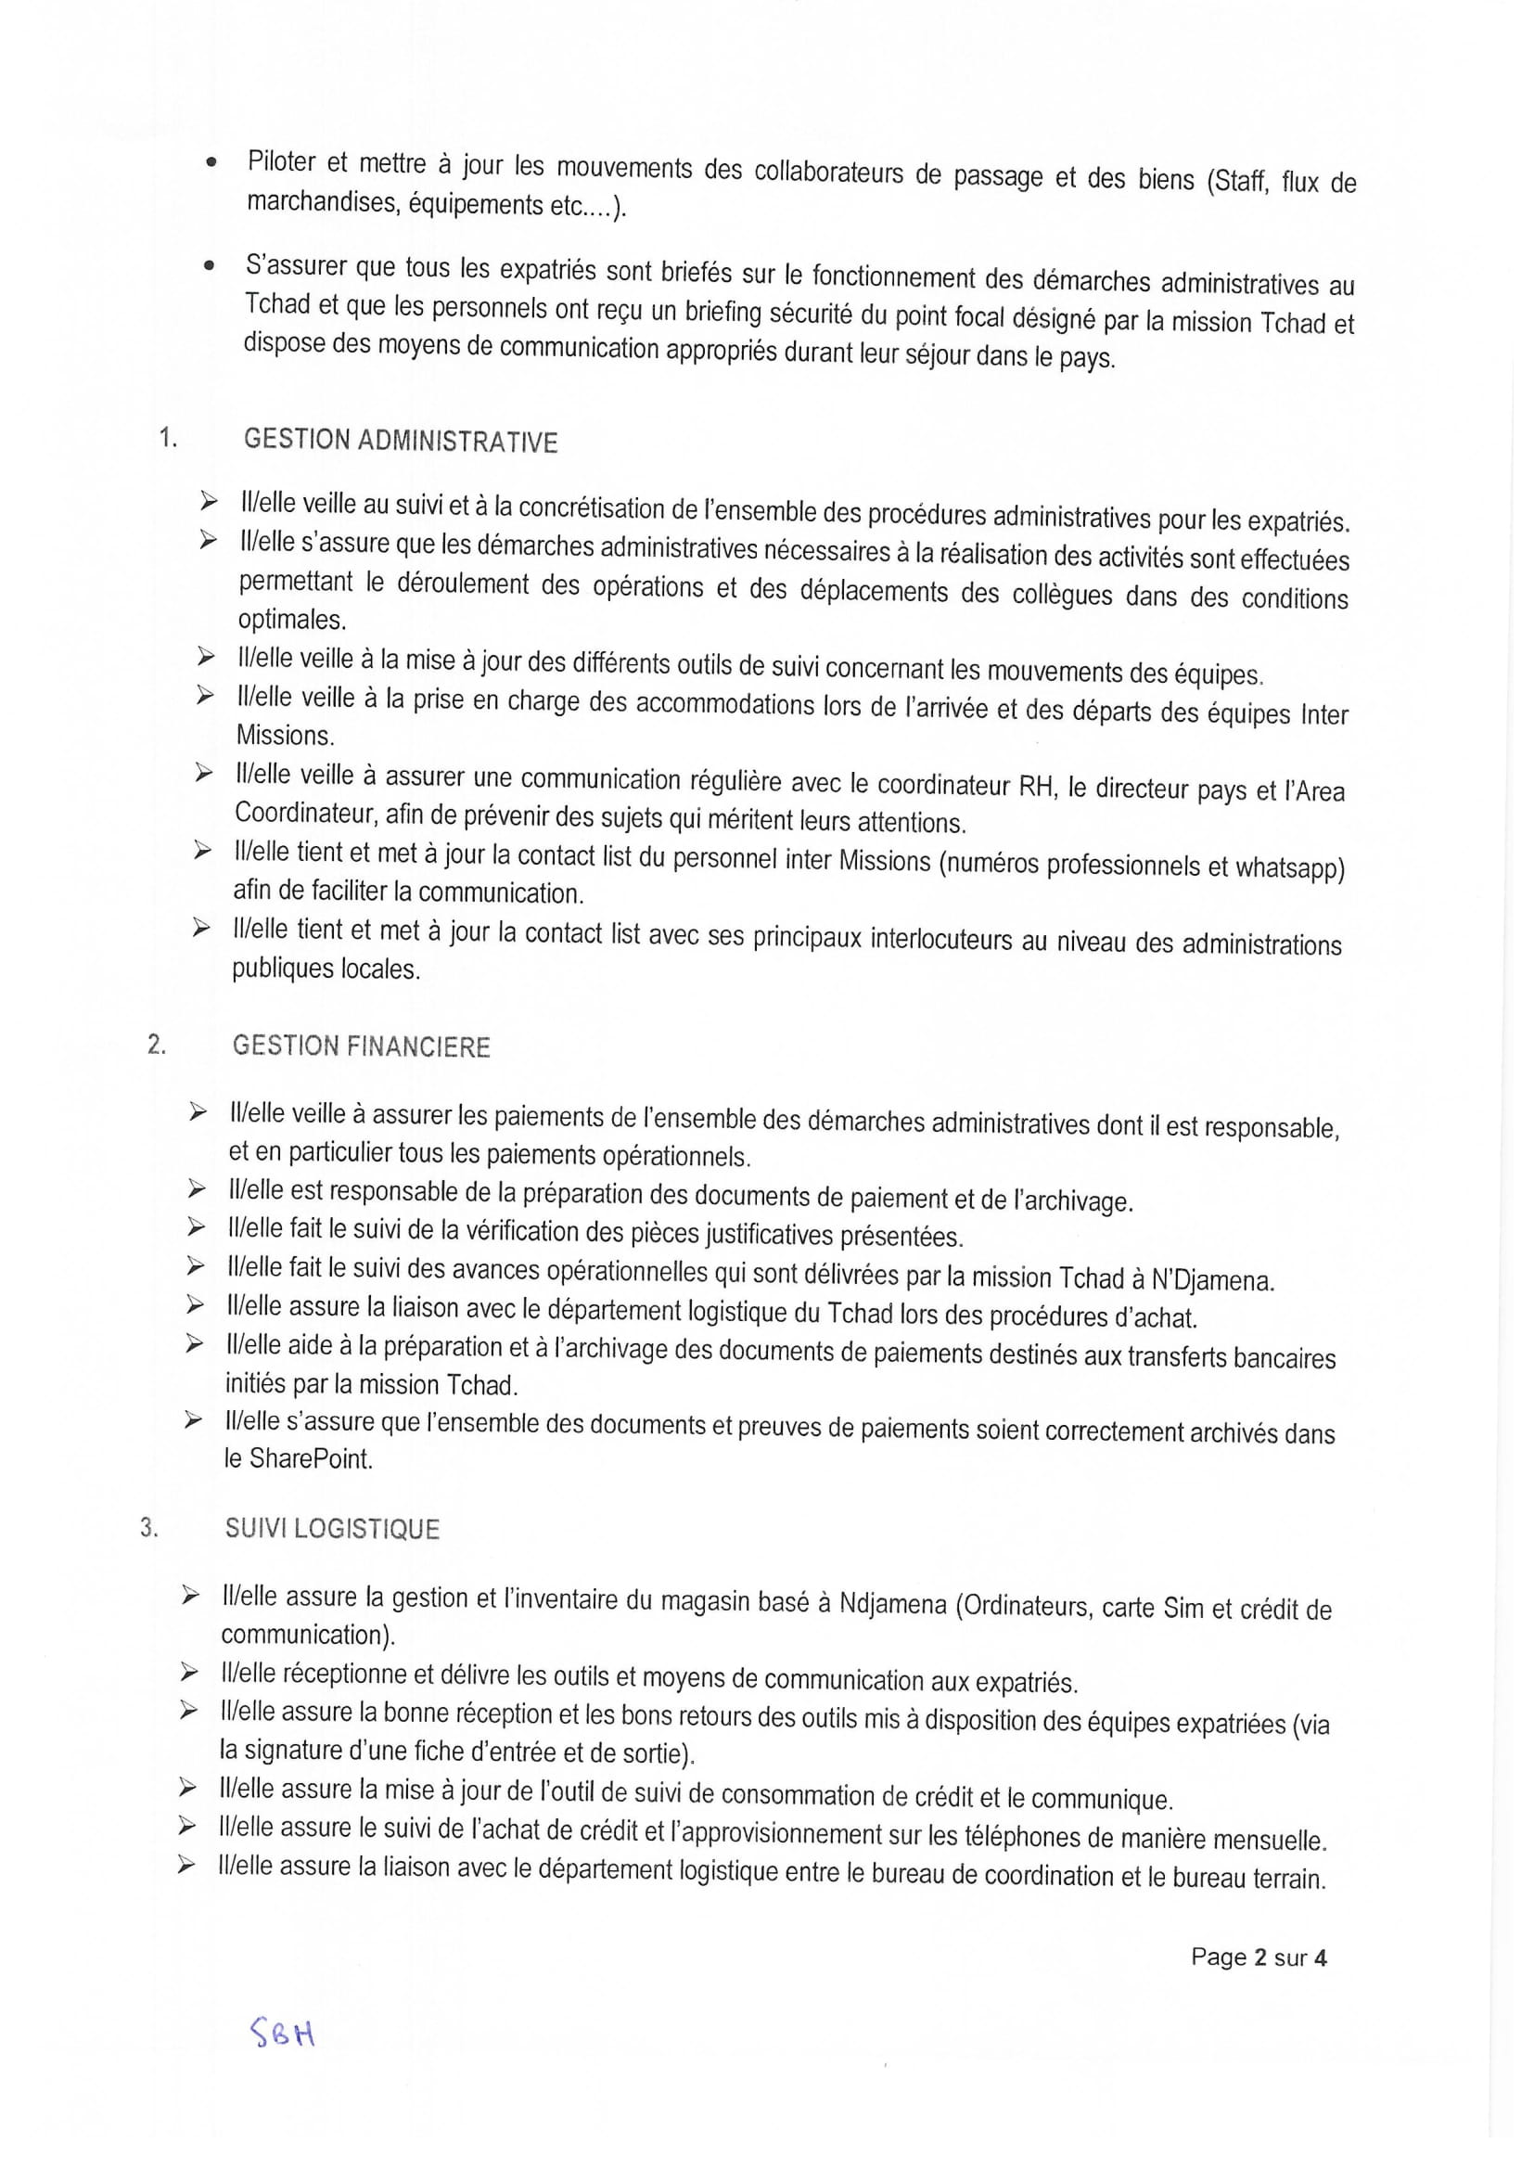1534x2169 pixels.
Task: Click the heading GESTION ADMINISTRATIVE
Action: (401, 442)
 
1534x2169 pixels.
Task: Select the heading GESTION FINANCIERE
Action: (361, 1046)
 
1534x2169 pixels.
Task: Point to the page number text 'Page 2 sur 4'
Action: (1259, 1957)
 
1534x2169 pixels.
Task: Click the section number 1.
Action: (168, 437)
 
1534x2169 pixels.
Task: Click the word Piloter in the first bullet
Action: (282, 161)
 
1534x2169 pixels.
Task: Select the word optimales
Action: (292, 620)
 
